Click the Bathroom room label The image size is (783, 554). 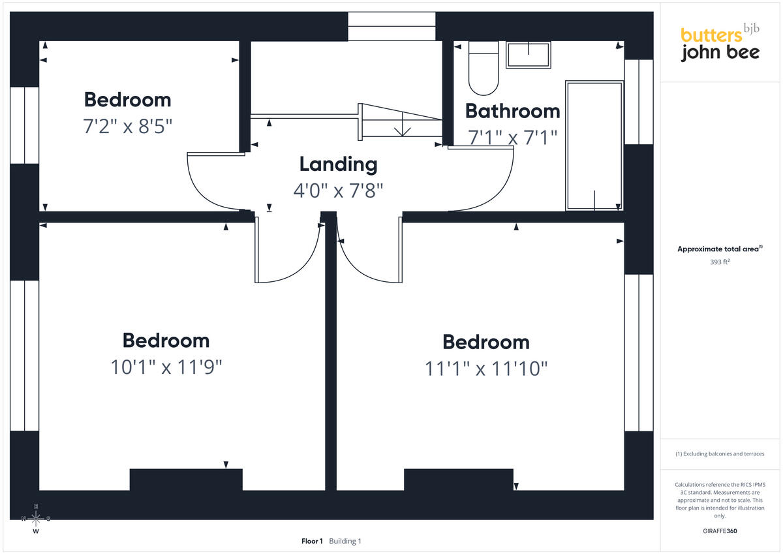[x=512, y=111]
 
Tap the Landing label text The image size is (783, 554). [x=339, y=164]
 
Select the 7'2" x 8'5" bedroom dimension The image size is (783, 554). [x=128, y=126]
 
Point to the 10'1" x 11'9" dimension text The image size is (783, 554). [x=166, y=367]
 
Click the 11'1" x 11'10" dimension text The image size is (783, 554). [x=486, y=369]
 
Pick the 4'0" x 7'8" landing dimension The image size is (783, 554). [x=339, y=191]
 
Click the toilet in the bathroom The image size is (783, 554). [x=484, y=68]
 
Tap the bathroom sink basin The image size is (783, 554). [x=528, y=55]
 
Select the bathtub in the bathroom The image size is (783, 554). [x=594, y=146]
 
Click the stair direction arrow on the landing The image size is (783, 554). [x=403, y=124]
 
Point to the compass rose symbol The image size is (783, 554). [x=36, y=518]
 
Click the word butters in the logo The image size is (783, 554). [x=711, y=35]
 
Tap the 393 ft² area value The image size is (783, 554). [x=719, y=262]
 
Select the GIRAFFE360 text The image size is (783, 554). [x=720, y=531]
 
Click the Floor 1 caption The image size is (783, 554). [x=312, y=541]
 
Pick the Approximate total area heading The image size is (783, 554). [x=720, y=249]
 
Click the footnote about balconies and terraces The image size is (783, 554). [x=720, y=454]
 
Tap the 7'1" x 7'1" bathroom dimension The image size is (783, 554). [x=512, y=138]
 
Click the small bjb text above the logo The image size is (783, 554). [x=751, y=28]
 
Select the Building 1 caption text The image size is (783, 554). [x=345, y=541]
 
